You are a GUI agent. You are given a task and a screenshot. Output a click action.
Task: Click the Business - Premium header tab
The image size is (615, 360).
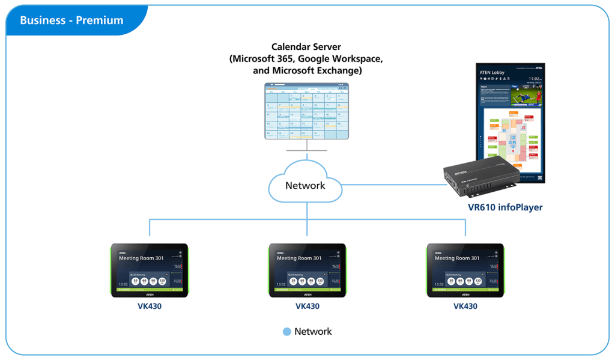[71, 20]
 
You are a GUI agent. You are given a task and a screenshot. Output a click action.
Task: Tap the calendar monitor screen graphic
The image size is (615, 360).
[307, 112]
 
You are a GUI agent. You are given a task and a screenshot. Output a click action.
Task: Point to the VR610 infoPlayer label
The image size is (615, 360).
[505, 207]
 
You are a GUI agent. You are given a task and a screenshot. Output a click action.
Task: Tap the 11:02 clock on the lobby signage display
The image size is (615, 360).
[535, 79]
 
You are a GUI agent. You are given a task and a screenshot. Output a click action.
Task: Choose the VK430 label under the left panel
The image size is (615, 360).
[150, 306]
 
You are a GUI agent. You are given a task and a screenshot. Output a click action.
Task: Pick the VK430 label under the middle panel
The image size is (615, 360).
[307, 306]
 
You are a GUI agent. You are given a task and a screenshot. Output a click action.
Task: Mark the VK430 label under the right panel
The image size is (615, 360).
[465, 306]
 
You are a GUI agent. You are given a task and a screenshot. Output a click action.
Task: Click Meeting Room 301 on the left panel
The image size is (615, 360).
[141, 258]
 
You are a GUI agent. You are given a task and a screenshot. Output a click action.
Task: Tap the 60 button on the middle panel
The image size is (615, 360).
[303, 281]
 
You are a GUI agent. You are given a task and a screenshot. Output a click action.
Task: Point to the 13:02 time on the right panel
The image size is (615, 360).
[438, 284]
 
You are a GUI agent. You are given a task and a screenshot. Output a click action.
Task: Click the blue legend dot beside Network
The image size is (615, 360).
[286, 331]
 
